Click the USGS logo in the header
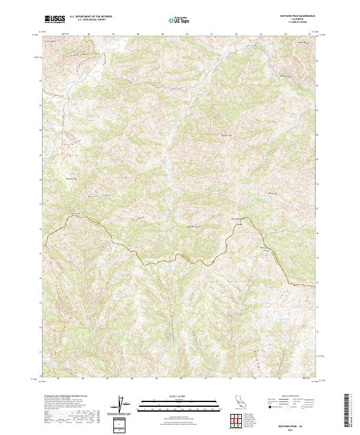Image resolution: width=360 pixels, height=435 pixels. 55,19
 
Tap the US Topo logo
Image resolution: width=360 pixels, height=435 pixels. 176,20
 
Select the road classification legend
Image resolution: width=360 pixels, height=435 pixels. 288,404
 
